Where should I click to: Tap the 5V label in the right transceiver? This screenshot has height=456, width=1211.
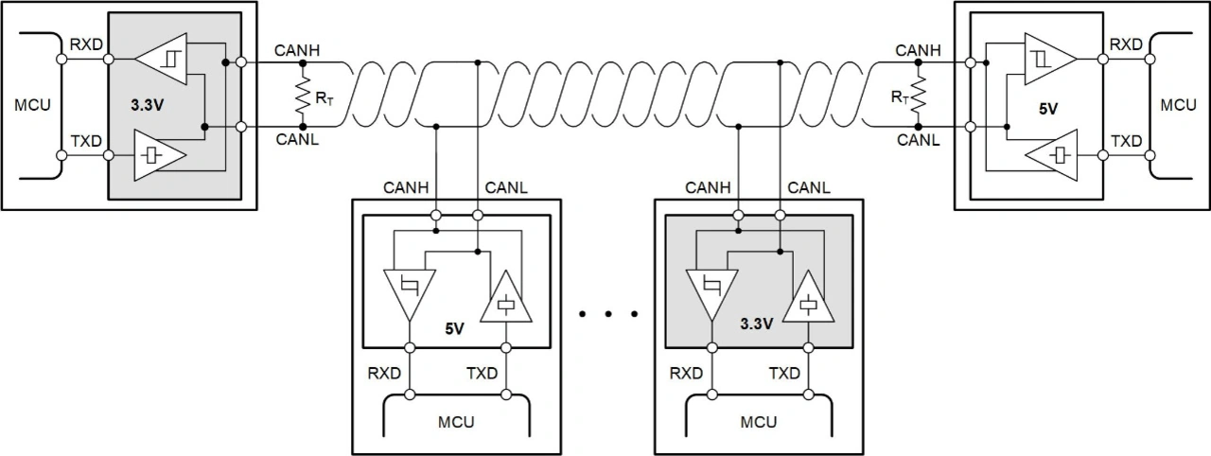(x=1047, y=109)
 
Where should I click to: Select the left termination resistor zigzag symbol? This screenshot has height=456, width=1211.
(x=303, y=96)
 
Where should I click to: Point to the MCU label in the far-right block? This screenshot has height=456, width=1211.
(x=1178, y=104)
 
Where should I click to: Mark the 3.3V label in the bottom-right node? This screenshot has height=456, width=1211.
(x=757, y=324)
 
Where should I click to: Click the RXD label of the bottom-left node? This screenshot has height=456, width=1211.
(x=383, y=373)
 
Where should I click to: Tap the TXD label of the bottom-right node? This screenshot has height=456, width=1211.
(x=784, y=373)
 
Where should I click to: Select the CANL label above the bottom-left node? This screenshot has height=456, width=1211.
(x=506, y=187)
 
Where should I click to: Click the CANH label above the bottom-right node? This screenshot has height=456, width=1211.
(x=707, y=187)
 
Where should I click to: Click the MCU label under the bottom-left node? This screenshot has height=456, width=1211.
(x=455, y=421)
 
